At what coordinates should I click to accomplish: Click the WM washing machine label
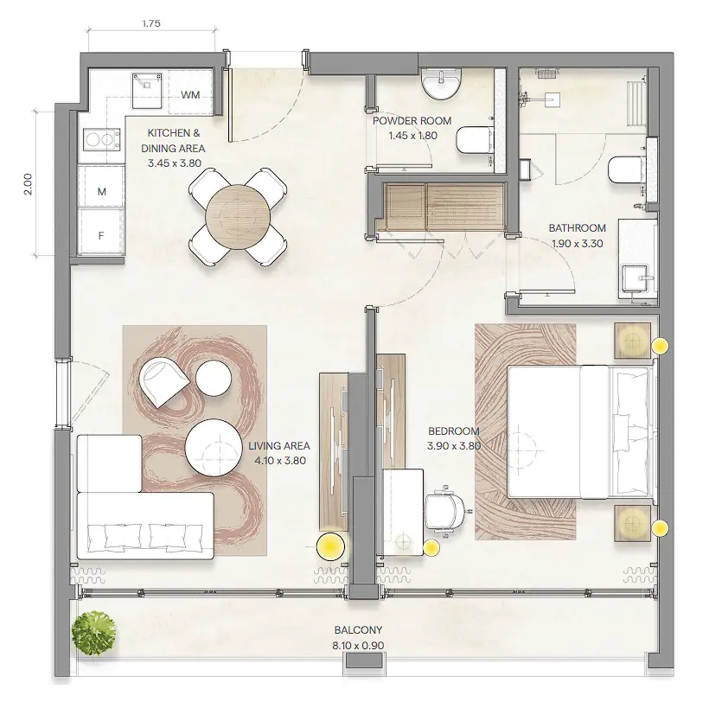192,94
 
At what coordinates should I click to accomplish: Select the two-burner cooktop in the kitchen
100,137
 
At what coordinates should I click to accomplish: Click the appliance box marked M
101,192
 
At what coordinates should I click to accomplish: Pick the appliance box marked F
101,233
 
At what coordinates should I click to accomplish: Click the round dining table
238,216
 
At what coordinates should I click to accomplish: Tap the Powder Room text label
412,128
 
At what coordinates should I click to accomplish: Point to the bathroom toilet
625,169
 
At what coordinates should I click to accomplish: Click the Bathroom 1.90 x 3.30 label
577,235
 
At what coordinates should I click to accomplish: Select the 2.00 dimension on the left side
27,184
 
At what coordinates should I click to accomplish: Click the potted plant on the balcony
93,635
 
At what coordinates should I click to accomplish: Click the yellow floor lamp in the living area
329,546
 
